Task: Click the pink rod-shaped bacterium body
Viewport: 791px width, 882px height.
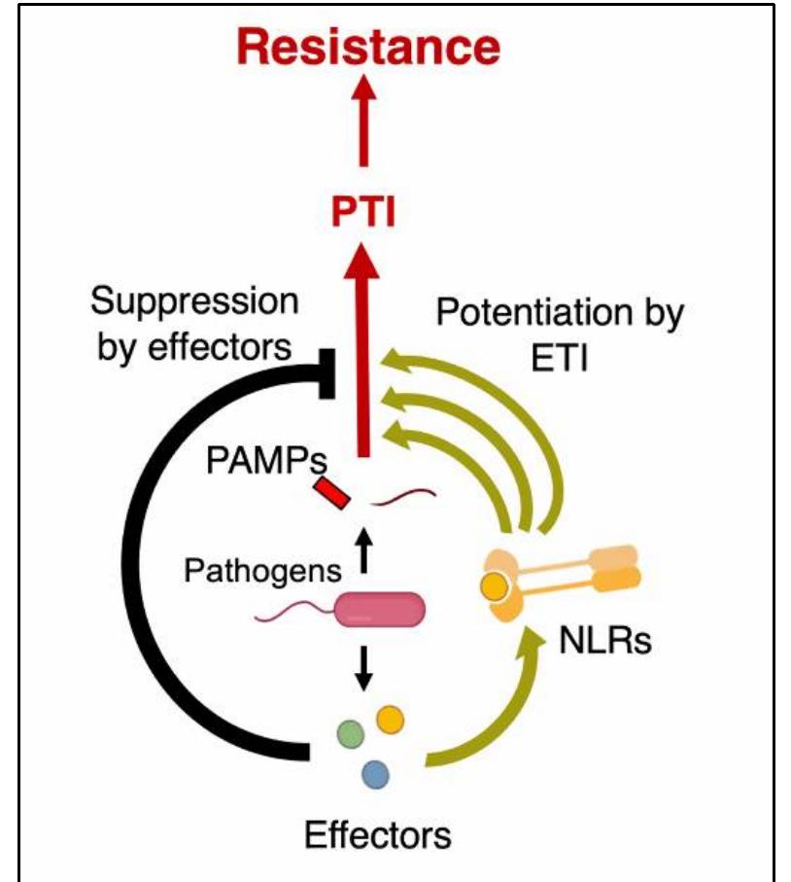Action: (x=380, y=610)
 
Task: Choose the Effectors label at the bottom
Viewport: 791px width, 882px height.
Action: (x=377, y=834)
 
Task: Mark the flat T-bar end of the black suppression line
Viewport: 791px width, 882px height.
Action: (x=327, y=372)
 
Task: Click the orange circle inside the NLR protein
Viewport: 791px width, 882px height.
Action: (x=495, y=585)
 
